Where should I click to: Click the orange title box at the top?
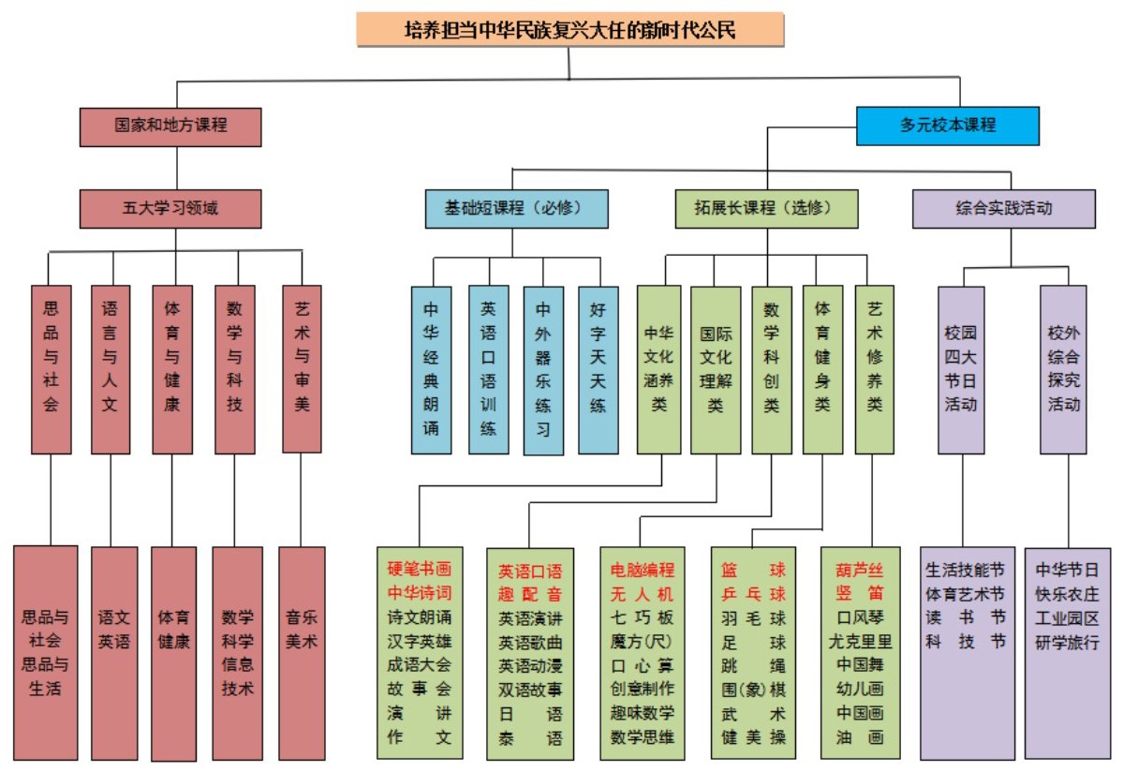(x=569, y=30)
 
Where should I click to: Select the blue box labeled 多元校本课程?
(x=947, y=126)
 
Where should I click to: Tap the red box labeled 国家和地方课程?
(x=170, y=126)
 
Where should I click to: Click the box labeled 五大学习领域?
(x=170, y=209)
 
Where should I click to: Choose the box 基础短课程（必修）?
(x=516, y=209)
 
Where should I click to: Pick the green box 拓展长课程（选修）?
(x=766, y=209)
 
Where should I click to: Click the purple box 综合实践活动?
(x=1003, y=209)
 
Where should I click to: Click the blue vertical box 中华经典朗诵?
(x=431, y=369)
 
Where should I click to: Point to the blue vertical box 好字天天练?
(x=598, y=369)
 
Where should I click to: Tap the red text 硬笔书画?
(x=420, y=570)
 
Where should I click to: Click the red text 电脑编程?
(x=643, y=570)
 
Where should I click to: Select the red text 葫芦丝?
(x=860, y=570)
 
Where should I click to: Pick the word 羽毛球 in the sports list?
(x=753, y=618)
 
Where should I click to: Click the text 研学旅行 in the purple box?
(x=1067, y=643)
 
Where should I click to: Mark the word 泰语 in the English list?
(x=530, y=738)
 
